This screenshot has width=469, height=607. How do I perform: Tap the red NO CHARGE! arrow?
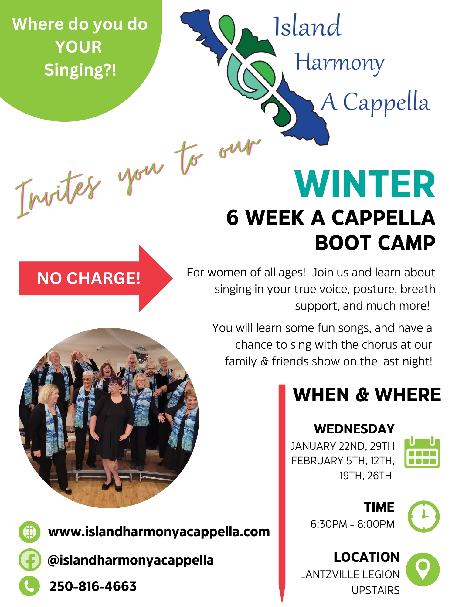coord(91,278)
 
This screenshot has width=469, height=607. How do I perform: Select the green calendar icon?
coord(422,453)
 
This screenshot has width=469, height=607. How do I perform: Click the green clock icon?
coord(423,516)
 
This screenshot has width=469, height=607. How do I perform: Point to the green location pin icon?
coord(423,569)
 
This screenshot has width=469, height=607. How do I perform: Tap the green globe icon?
coord(29,532)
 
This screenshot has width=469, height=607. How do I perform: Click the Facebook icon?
coord(29,560)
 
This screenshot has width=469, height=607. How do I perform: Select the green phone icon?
coord(29,586)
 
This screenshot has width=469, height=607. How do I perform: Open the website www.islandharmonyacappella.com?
coord(159,532)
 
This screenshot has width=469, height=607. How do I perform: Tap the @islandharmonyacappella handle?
coord(131,560)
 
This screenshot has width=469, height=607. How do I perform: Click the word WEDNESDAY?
coord(354,429)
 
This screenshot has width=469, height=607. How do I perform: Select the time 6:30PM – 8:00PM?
coord(352,524)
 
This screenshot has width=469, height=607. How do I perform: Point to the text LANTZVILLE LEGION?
coord(349,574)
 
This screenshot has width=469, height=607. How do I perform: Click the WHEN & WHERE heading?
coord(367,395)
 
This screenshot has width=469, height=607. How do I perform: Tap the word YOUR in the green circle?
coord(79,47)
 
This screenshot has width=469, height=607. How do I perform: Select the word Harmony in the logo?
coord(339,63)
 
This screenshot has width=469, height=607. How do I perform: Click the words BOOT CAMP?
coord(375,243)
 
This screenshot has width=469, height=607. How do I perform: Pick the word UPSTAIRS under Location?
coord(376,590)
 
